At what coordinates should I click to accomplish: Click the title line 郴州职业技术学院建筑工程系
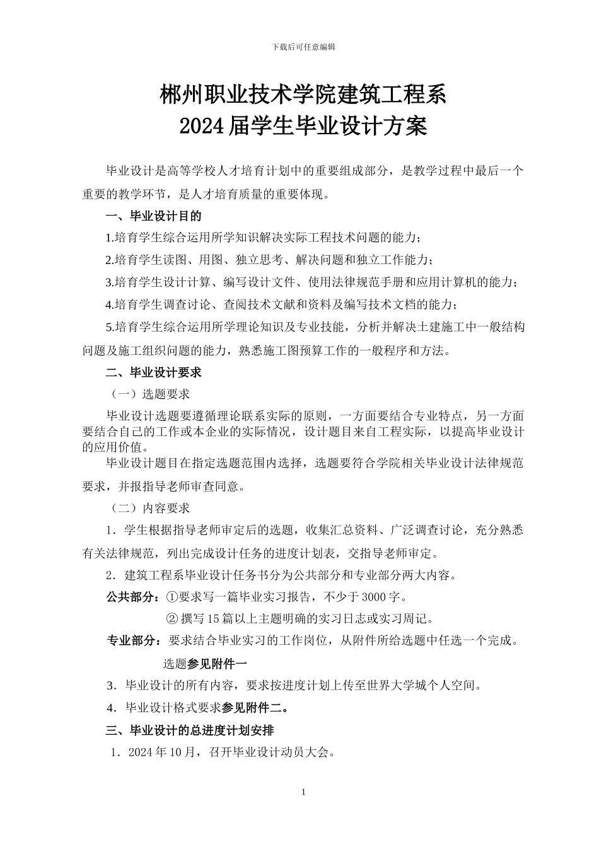pyautogui.click(x=303, y=96)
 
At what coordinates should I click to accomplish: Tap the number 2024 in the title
pyautogui.click(x=200, y=127)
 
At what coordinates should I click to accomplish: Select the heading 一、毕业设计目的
pyautogui.click(x=154, y=216)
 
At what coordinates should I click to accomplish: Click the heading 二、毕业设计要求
pyautogui.click(x=154, y=372)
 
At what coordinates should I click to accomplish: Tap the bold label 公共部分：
pyautogui.click(x=135, y=596)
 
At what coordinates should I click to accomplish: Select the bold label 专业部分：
pyautogui.click(x=135, y=641)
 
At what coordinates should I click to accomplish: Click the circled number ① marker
pyautogui.click(x=172, y=596)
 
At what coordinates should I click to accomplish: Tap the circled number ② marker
pyautogui.click(x=172, y=618)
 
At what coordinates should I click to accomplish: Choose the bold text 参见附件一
pyautogui.click(x=218, y=663)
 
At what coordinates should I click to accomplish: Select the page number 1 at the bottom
pyautogui.click(x=303, y=792)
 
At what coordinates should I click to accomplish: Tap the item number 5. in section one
pyautogui.click(x=110, y=328)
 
